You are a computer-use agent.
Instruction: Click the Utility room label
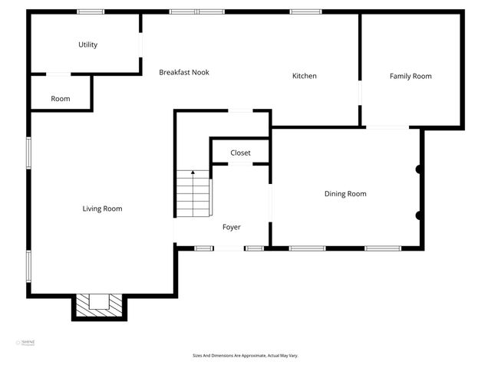(87, 44)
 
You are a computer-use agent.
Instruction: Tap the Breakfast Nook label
(184, 73)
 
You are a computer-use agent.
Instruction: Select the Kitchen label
(305, 76)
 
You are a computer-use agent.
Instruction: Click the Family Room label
(410, 76)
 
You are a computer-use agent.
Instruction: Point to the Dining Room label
(345, 194)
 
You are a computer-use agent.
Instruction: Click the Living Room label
(102, 209)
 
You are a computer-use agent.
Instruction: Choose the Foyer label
(232, 227)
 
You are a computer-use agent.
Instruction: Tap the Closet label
(240, 153)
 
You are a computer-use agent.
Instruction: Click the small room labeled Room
(61, 99)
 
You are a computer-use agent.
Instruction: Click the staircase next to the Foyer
(193, 195)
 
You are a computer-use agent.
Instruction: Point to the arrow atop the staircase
(193, 173)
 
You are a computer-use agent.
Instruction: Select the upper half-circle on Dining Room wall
(419, 169)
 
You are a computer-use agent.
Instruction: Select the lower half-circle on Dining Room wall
(419, 215)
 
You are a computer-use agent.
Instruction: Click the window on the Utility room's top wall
(91, 11)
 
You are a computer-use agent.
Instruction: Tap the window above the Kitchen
(305, 11)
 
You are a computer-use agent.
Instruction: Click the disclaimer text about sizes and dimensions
(245, 356)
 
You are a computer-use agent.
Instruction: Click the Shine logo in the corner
(27, 343)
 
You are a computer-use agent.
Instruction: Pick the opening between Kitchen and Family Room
(360, 93)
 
